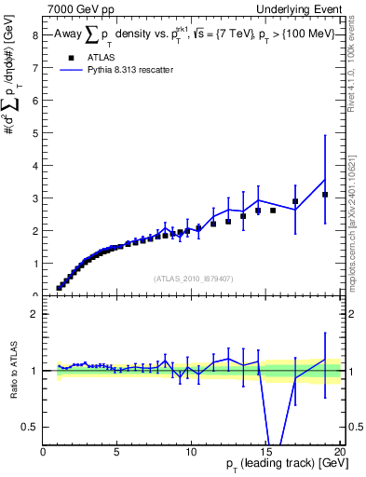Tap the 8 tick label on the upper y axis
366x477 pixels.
pos(34,35)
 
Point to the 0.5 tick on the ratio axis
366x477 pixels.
pos(30,427)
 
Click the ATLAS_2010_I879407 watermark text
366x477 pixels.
pos(193,278)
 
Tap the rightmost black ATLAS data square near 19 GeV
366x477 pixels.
pos(325,195)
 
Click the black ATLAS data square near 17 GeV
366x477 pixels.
pos(295,201)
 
